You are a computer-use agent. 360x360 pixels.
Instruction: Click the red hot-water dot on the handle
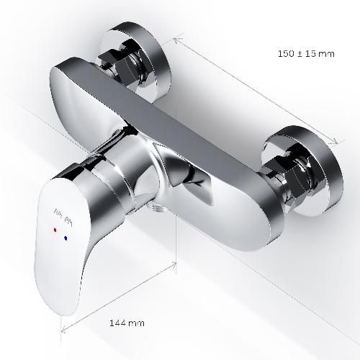[x=55, y=230]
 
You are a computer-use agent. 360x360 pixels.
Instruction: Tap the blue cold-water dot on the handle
[x=66, y=238]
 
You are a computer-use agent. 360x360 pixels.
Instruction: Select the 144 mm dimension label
[x=127, y=323]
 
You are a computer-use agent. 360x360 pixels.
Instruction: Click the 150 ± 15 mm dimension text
[x=306, y=53]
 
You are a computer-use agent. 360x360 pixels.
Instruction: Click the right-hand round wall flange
[x=303, y=171]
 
